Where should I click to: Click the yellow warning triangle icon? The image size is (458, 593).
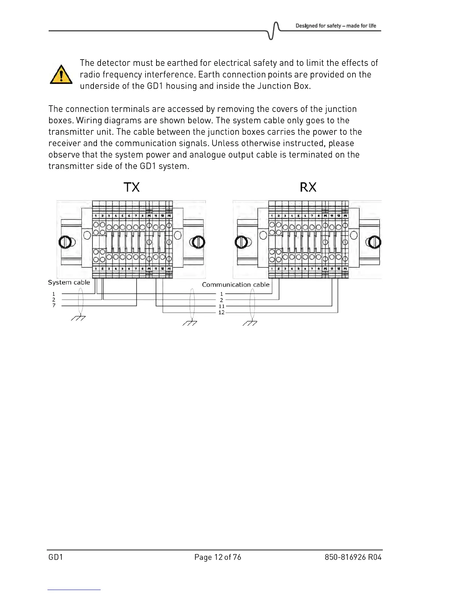61,74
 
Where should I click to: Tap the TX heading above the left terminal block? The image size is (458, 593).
132,187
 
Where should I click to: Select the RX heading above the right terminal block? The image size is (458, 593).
308,187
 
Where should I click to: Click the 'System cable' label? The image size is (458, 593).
69,283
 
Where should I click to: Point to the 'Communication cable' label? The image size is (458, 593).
236,285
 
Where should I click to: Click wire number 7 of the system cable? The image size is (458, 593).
54,306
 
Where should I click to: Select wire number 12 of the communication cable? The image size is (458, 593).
222,313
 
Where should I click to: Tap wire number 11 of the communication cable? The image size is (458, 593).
222,306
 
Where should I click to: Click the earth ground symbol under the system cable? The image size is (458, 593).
79,319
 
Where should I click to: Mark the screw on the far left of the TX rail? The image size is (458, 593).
65,242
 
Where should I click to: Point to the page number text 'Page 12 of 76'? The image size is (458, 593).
218,557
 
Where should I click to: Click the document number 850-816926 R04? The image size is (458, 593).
353,557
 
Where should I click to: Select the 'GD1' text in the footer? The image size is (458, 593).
56,557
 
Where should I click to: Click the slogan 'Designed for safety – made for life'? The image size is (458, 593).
336,26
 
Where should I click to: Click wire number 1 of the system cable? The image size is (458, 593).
54,294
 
